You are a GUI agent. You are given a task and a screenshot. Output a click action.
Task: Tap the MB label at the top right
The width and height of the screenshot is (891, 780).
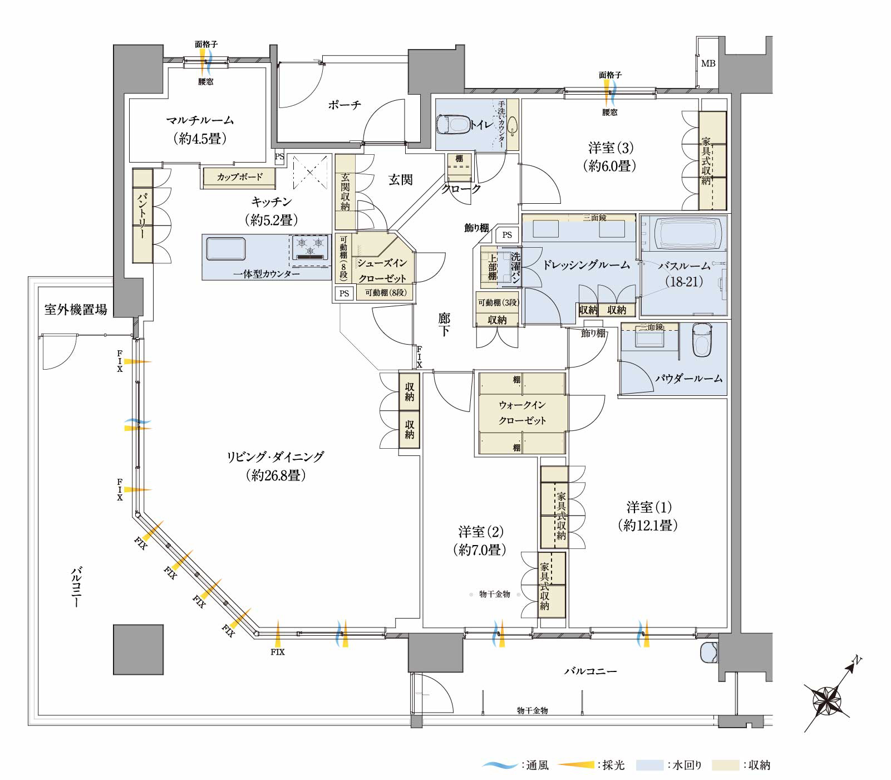[708, 63]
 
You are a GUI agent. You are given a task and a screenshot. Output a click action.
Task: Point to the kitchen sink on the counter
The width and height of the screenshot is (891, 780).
[226, 248]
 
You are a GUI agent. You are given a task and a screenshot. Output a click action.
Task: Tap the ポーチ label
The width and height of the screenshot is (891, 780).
[344, 105]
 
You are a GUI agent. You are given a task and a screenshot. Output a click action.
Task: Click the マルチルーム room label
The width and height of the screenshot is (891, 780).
[200, 120]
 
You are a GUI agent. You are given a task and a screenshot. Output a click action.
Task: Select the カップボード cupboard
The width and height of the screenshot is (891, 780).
[239, 177]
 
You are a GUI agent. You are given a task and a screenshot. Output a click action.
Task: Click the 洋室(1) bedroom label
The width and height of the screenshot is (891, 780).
[648, 507]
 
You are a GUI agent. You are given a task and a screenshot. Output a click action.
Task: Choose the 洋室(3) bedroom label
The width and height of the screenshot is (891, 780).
[611, 148]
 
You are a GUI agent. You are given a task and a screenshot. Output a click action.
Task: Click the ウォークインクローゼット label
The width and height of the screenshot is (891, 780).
[522, 413]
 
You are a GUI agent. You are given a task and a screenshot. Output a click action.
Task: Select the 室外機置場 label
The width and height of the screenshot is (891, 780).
[76, 310]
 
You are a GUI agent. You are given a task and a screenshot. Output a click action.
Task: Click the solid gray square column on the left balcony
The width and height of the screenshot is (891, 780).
[139, 649]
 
